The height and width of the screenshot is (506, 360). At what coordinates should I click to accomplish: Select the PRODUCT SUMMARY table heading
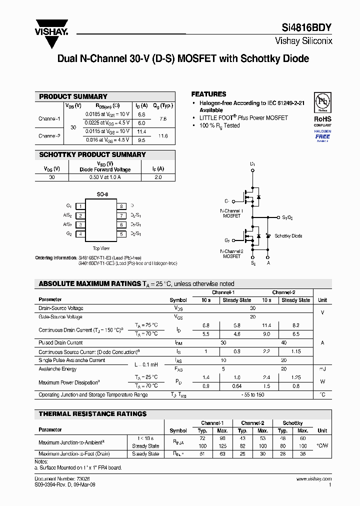(x=73, y=96)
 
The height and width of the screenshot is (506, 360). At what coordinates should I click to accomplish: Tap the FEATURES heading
(x=208, y=94)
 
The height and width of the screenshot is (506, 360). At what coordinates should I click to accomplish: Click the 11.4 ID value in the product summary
(x=141, y=131)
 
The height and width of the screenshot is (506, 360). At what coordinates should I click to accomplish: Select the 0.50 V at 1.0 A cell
(x=105, y=177)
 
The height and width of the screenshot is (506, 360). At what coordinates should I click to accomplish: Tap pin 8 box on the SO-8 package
(x=120, y=206)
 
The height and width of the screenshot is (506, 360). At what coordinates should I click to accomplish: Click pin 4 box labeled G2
(x=80, y=234)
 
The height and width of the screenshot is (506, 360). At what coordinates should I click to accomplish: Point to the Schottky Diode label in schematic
(x=288, y=235)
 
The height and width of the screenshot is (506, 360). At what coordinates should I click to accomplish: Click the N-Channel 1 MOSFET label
(x=231, y=213)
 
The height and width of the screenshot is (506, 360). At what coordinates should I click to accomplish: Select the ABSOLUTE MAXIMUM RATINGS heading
(x=90, y=284)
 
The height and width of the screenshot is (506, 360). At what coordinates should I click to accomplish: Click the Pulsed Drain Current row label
(x=60, y=342)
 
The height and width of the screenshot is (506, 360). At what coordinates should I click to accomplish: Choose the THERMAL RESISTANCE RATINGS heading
(x=93, y=414)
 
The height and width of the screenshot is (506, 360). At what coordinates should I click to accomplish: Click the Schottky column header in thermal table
(x=292, y=423)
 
